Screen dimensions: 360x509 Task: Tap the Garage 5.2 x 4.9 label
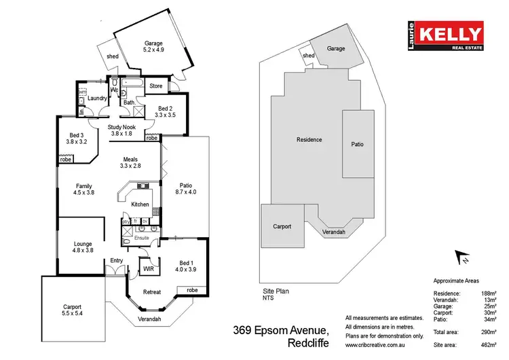tap(153, 46)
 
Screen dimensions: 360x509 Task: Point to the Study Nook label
tap(124, 130)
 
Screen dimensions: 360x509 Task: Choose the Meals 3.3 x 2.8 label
tap(130, 162)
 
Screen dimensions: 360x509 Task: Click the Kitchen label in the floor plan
tap(140, 204)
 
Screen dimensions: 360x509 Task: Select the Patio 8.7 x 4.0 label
tap(186, 190)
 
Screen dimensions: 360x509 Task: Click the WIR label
tap(149, 270)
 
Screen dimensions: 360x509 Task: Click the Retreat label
tap(151, 292)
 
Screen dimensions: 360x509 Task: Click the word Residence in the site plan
tap(309, 140)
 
